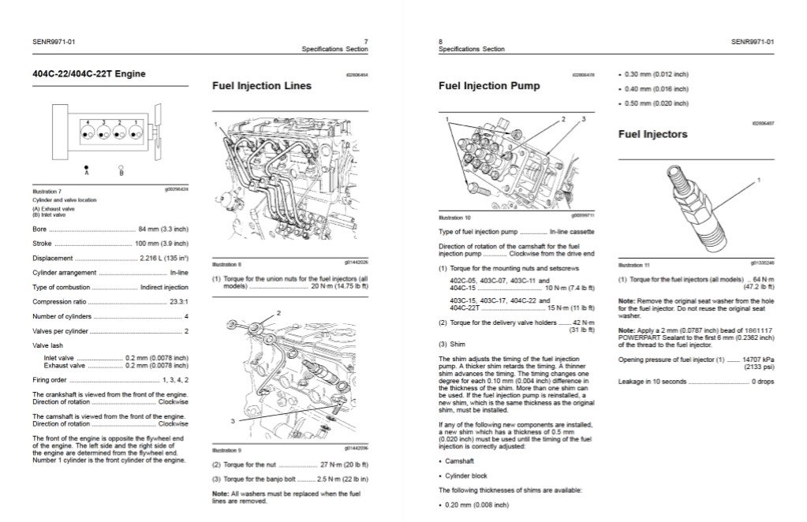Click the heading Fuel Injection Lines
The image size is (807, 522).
point(262,86)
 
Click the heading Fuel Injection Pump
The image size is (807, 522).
point(489,86)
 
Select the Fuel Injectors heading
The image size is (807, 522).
point(652,134)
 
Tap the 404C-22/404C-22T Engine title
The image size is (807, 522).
point(88,74)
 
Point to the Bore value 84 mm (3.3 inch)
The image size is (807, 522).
point(163,229)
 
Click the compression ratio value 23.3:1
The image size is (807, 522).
point(178,301)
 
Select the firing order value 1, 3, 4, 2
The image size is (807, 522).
point(174,380)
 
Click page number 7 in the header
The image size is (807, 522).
point(365,42)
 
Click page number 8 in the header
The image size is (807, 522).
point(440,42)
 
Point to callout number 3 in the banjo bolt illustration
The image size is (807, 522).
point(233,421)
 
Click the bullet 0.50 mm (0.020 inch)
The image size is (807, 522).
point(656,103)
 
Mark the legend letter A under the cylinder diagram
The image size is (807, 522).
point(86,173)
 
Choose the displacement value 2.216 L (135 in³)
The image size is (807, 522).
point(163,258)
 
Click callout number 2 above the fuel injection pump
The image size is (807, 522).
point(563,119)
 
